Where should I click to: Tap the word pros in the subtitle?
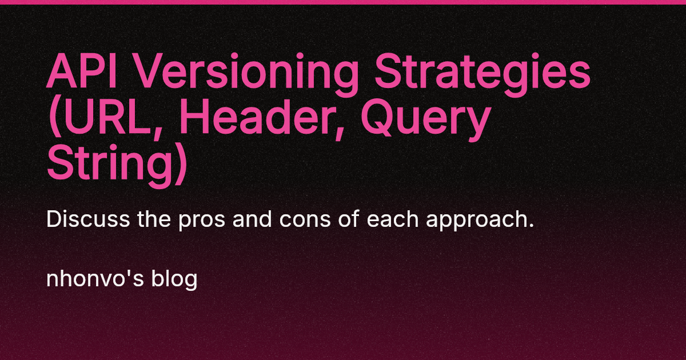[x=193, y=221]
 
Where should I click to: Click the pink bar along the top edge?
[x=343, y=2]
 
